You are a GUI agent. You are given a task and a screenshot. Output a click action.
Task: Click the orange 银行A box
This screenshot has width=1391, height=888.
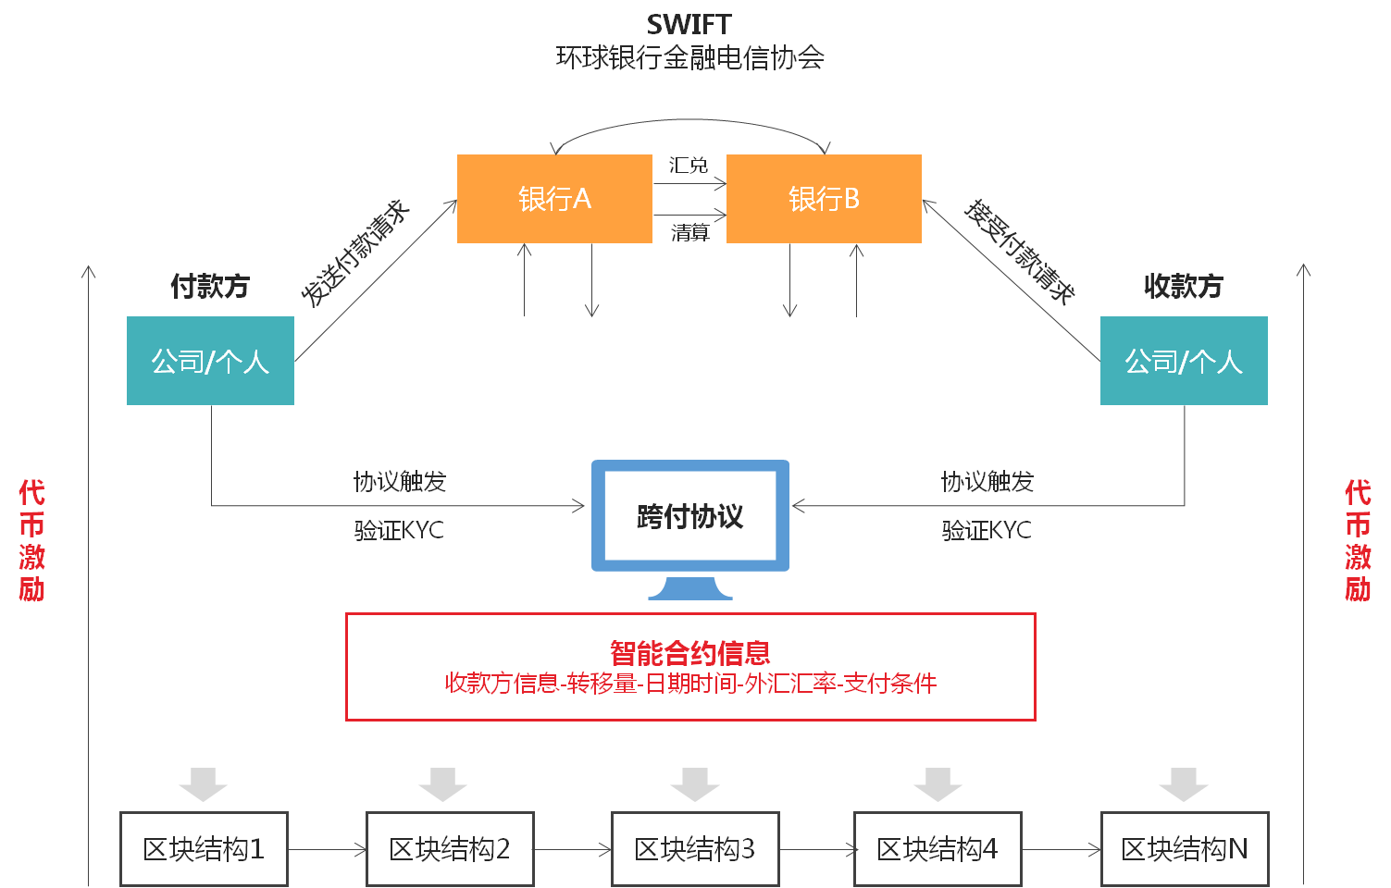[554, 199]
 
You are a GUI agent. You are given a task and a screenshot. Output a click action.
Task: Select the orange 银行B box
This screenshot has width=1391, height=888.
[824, 199]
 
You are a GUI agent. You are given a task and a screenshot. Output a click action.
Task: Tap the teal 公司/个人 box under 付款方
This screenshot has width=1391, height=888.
[210, 361]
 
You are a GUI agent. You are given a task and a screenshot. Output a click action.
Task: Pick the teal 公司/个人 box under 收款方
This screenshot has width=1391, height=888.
[1184, 361]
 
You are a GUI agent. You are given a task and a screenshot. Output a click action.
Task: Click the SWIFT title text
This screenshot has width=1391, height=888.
[689, 25]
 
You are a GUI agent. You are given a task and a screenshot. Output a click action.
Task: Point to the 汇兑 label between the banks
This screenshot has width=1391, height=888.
[689, 166]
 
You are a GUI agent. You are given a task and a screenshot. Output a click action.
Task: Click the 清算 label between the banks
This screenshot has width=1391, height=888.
[689, 232]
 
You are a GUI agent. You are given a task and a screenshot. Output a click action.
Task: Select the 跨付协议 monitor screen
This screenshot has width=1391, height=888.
[689, 516]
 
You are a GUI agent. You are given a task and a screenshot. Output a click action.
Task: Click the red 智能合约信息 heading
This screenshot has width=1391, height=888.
[689, 653]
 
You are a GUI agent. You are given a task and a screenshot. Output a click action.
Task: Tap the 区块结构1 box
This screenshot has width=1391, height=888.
[204, 849]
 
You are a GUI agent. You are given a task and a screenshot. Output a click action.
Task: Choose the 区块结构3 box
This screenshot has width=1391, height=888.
[695, 849]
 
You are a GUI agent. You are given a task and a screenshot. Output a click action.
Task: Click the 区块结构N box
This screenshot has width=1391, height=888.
[1185, 849]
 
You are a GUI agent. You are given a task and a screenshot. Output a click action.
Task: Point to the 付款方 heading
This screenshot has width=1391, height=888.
[210, 287]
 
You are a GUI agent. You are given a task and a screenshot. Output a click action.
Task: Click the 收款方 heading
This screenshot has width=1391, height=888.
[1184, 287]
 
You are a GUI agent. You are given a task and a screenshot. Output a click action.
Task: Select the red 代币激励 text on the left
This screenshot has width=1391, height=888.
[31, 541]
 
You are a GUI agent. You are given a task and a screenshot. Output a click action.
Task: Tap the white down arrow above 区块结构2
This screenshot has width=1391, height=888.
[442, 783]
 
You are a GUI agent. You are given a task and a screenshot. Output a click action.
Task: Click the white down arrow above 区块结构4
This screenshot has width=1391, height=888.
[938, 783]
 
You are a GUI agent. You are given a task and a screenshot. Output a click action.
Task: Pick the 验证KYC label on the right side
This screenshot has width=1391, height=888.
[987, 531]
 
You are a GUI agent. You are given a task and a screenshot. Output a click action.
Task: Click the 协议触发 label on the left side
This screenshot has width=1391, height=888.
[400, 482]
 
